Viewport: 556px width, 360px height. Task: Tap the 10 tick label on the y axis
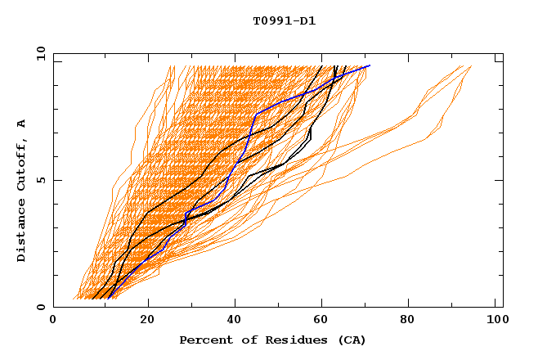point(38,53)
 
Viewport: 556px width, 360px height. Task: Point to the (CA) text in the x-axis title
point(350,340)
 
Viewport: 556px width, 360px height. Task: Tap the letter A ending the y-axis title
point(22,123)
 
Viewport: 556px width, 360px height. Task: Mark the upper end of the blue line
point(370,65)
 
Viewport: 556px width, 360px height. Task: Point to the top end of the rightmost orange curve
point(471,66)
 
